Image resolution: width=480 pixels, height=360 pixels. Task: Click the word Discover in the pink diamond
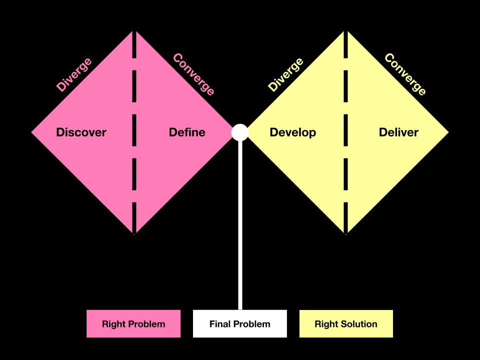(81, 132)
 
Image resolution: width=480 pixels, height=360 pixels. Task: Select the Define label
(187, 132)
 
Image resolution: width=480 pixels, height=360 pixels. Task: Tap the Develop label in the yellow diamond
(292, 132)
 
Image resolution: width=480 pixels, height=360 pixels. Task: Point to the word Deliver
(398, 132)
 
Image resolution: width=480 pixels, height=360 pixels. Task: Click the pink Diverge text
(74, 75)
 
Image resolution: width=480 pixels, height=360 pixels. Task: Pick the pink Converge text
(193, 74)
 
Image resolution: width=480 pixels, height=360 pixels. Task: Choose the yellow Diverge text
(286, 75)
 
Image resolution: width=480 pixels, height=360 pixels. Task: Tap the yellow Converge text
(405, 74)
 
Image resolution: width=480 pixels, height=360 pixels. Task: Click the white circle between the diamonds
(240, 132)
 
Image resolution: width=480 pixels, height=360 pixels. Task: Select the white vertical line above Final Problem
(240, 225)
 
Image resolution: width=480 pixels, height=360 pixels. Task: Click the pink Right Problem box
(133, 324)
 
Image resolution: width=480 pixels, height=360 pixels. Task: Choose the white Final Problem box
(240, 324)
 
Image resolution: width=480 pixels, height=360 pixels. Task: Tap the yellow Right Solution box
(346, 324)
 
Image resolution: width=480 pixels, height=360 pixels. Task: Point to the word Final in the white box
(220, 324)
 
